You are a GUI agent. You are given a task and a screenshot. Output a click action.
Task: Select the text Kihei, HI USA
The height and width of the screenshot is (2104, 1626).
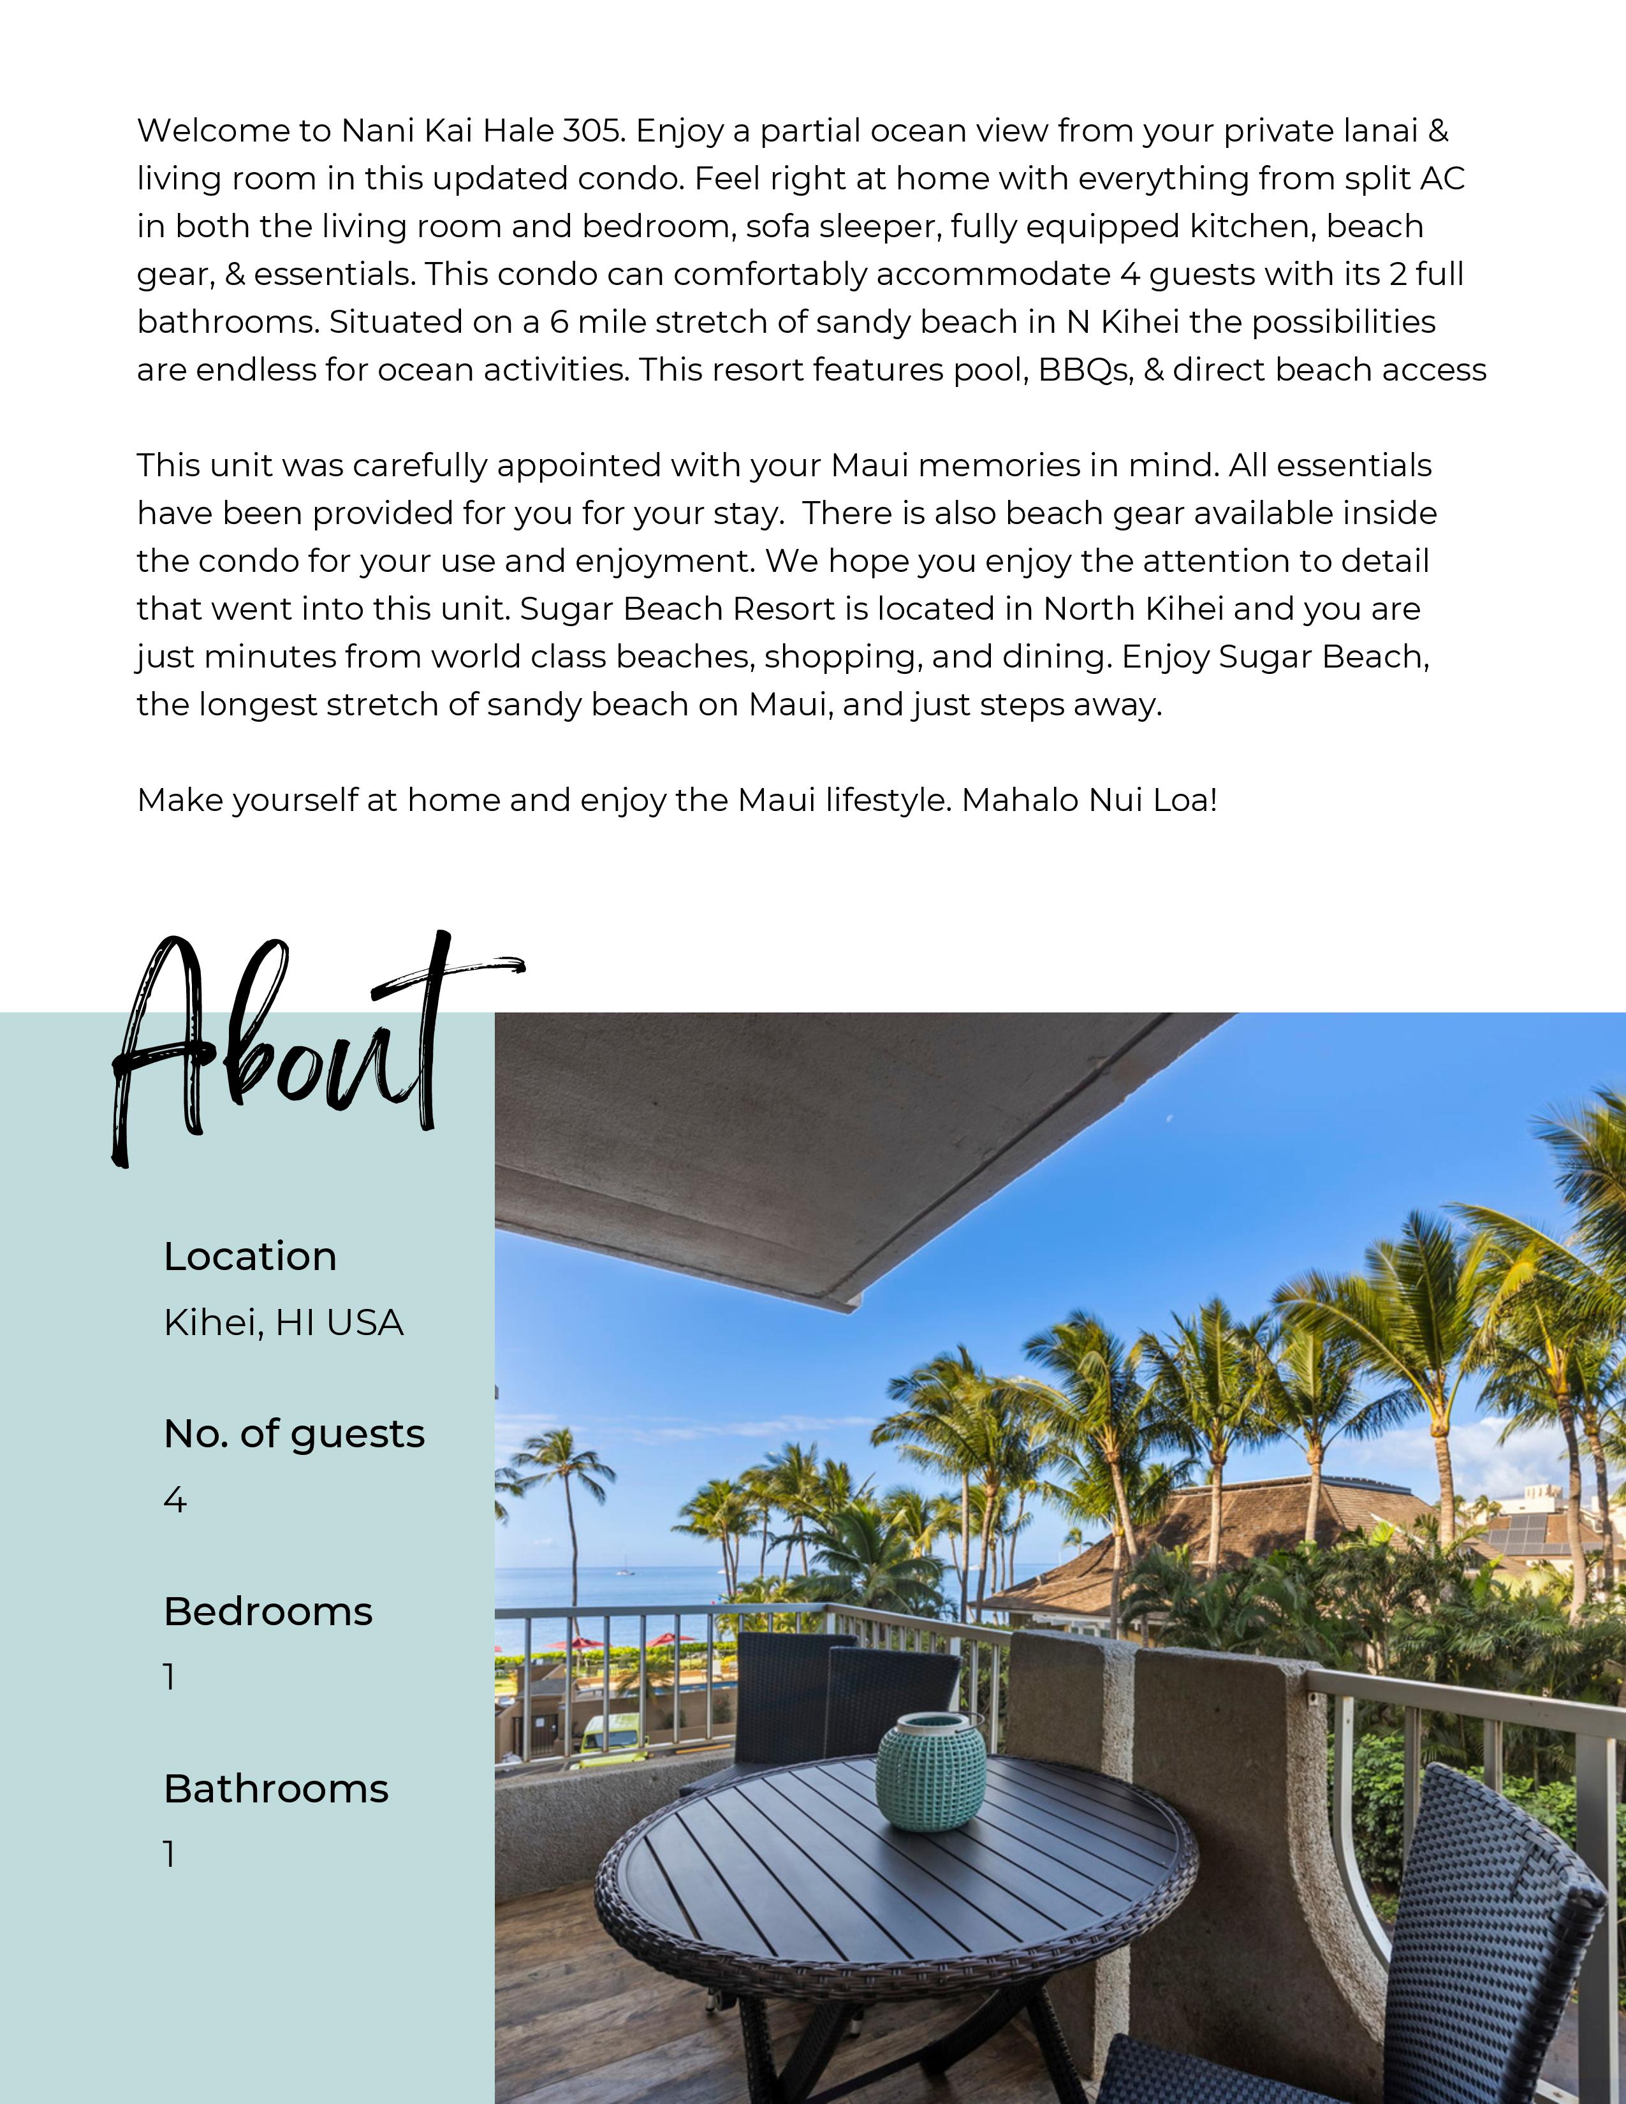point(283,1323)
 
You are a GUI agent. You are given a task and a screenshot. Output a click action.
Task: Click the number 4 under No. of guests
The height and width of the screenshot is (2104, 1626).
point(174,1500)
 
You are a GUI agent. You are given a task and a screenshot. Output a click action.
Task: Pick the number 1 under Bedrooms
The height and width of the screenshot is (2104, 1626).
point(170,1677)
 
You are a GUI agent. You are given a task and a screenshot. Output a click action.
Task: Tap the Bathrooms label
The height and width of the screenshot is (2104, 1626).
point(275,1789)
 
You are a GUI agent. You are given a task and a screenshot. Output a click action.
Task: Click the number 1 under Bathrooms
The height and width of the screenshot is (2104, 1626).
point(170,1855)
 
